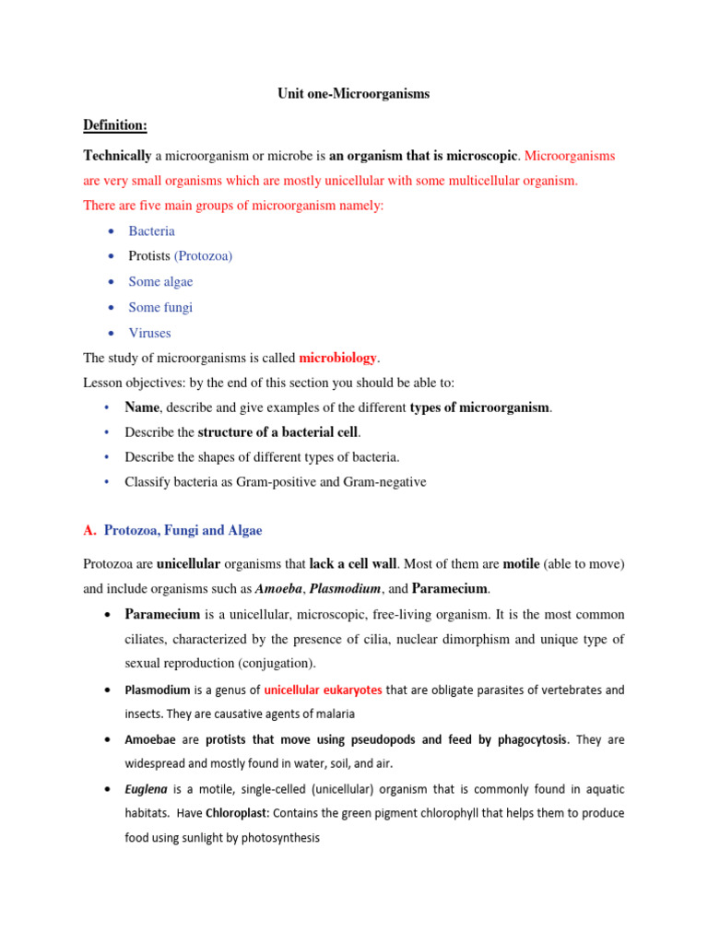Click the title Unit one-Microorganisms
click(354, 94)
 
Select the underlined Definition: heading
click(115, 124)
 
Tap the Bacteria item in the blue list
click(151, 231)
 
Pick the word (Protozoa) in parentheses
click(203, 256)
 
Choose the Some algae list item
click(160, 282)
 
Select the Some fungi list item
click(160, 307)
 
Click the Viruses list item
click(149, 333)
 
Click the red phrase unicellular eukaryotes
click(323, 690)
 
